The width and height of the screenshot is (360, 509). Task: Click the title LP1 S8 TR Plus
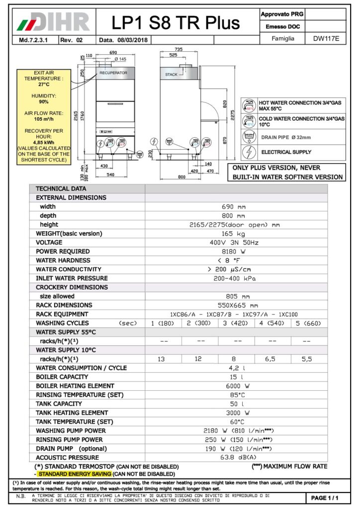176,22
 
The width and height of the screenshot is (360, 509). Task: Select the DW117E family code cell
326,38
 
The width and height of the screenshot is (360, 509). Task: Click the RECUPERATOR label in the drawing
113,73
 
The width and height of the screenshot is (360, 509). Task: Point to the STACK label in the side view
171,75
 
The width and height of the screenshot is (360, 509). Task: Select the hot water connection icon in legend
249,105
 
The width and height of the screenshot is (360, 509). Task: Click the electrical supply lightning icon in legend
249,152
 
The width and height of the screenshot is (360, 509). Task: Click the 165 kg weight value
236,234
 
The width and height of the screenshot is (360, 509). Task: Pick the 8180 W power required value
236,252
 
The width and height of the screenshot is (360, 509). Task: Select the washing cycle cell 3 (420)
237,323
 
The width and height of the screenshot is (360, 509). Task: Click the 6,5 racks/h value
273,359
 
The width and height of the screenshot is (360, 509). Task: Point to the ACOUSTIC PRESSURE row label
68,457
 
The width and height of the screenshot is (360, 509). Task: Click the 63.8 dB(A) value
236,457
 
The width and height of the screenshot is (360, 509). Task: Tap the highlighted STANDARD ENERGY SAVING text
75,474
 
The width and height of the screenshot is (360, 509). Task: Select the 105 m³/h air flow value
44,119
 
